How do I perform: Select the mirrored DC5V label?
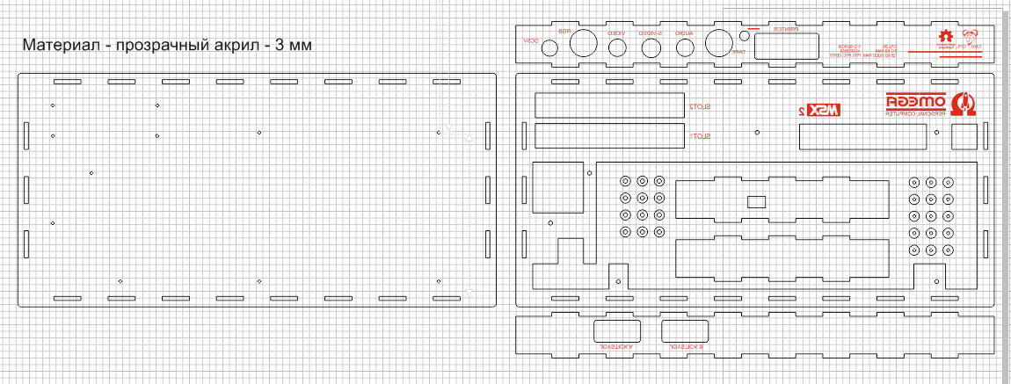tap(530, 40)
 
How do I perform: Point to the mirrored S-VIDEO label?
tap(651, 33)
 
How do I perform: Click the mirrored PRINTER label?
tap(785, 29)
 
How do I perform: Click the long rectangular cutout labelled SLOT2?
tap(609, 105)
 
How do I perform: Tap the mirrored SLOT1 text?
tap(700, 137)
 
